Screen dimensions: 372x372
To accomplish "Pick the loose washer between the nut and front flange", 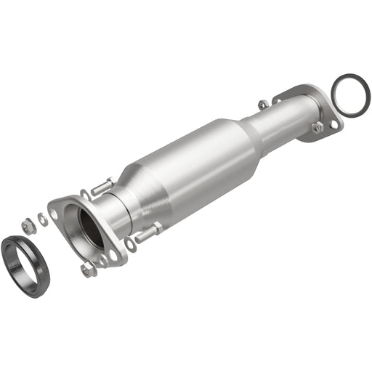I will pyautogui.click(x=43, y=217).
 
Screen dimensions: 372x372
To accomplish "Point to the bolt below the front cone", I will pyautogui.click(x=148, y=234).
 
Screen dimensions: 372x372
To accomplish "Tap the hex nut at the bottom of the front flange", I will pyautogui.click(x=88, y=270).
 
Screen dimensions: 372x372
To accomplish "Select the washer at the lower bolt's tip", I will pyautogui.click(x=131, y=244).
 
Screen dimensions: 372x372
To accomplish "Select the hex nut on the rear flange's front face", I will pyautogui.click(x=318, y=128).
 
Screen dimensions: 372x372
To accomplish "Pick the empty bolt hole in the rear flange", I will pyautogui.click(x=333, y=124).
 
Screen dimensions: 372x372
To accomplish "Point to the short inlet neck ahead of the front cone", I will pyautogui.click(x=116, y=211).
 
